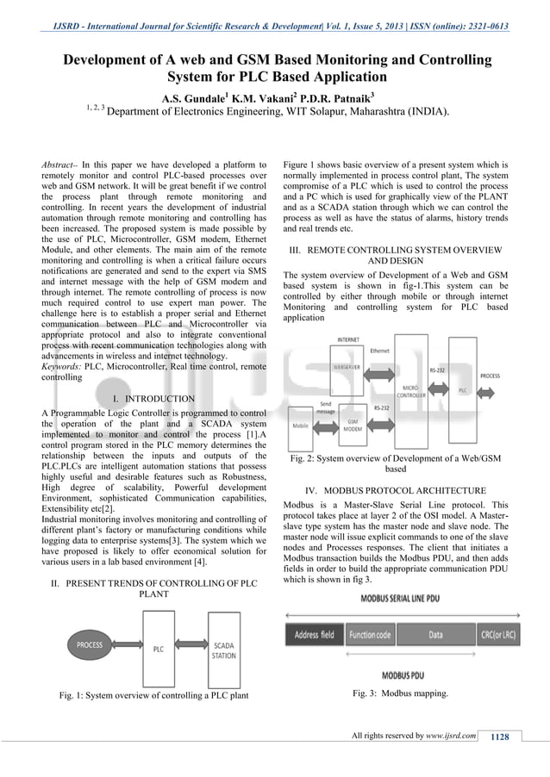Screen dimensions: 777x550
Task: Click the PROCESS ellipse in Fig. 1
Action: (90, 643)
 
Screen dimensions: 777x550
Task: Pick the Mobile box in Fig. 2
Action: (301, 425)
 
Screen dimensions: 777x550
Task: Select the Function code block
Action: (371, 634)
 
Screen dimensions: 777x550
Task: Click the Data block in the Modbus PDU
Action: (435, 634)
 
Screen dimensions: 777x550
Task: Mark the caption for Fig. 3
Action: (400, 693)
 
